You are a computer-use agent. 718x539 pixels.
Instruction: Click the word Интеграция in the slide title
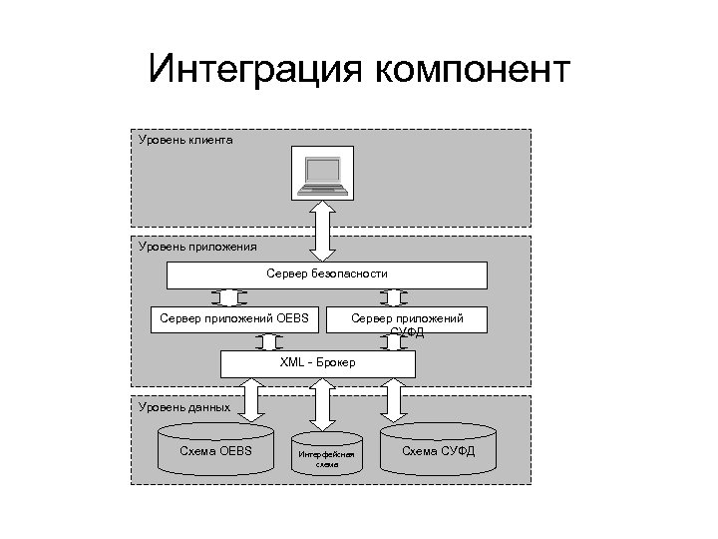tap(253, 72)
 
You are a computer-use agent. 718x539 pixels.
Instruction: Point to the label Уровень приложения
tap(197, 246)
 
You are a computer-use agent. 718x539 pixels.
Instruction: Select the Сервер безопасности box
tap(326, 273)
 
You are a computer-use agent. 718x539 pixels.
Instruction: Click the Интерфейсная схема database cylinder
tap(326, 457)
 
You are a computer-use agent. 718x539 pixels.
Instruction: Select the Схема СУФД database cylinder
tap(438, 451)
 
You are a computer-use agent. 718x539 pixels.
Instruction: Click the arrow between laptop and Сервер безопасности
tap(325, 230)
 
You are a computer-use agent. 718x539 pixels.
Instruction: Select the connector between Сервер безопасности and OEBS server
tap(229, 297)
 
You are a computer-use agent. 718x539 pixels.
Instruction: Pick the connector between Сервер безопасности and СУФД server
tap(394, 297)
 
